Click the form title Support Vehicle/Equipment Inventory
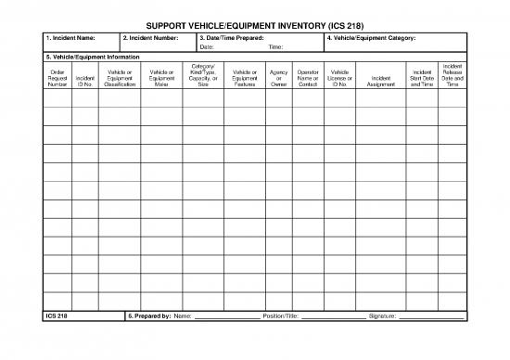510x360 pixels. (255, 25)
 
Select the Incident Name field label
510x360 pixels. (70, 37)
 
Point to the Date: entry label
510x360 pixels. (207, 46)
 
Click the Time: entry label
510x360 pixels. (275, 46)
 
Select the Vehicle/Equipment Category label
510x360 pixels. (371, 37)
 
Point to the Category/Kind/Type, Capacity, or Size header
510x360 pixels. (203, 75)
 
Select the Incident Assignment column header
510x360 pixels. (381, 81)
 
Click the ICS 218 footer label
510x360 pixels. (57, 316)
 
